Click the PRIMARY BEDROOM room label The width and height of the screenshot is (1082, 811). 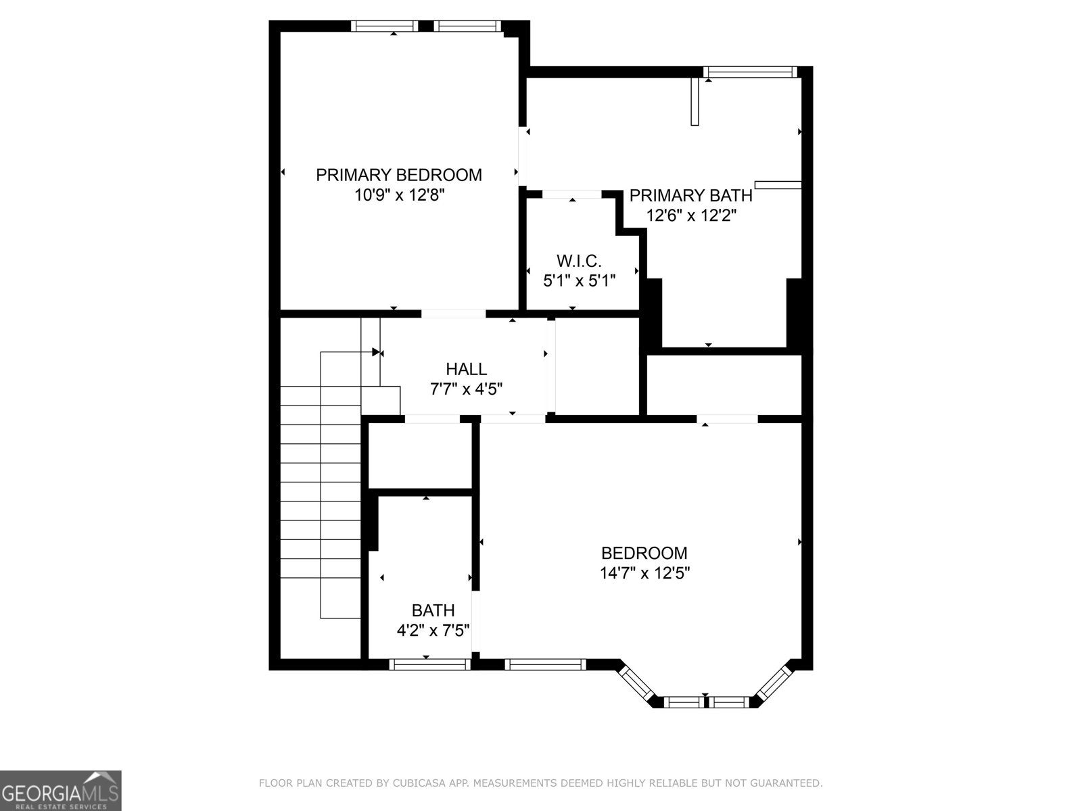pyautogui.click(x=399, y=175)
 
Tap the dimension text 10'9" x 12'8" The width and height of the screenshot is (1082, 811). pyautogui.click(x=399, y=195)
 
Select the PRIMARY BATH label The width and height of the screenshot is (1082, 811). pyautogui.click(x=690, y=195)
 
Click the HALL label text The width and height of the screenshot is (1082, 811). pyautogui.click(x=466, y=369)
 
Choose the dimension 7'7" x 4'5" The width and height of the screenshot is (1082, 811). pyautogui.click(x=466, y=389)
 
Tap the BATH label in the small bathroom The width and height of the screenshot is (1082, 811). pyautogui.click(x=433, y=611)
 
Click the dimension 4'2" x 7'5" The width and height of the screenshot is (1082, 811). pyautogui.click(x=433, y=631)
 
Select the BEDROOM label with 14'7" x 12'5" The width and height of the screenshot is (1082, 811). pyautogui.click(x=644, y=553)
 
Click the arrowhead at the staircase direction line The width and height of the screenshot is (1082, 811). pyautogui.click(x=375, y=352)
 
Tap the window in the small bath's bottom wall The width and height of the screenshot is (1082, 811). pyautogui.click(x=429, y=664)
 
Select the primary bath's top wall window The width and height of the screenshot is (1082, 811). pyautogui.click(x=749, y=72)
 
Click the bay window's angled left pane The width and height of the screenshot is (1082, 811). pyautogui.click(x=636, y=684)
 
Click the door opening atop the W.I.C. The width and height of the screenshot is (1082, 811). pyautogui.click(x=572, y=195)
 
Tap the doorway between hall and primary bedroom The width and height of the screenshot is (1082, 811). pyautogui.click(x=453, y=314)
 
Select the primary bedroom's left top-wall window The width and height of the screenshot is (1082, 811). pyautogui.click(x=384, y=26)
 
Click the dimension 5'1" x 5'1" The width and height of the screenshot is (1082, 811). pyautogui.click(x=579, y=280)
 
